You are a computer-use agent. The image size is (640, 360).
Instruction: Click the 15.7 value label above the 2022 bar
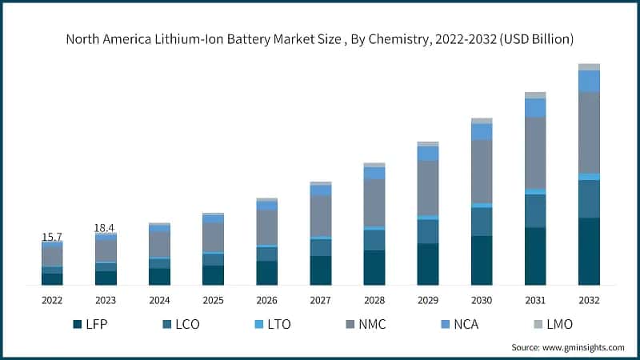[52, 238]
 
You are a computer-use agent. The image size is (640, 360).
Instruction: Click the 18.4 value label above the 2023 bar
[106, 229]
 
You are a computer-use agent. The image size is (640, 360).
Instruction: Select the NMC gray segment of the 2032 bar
[589, 132]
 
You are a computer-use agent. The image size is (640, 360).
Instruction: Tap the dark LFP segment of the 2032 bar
[589, 251]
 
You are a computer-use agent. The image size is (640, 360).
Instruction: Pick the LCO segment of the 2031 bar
[535, 211]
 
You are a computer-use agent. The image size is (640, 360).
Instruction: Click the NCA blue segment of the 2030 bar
[482, 131]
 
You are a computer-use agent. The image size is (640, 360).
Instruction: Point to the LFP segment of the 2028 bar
[374, 267]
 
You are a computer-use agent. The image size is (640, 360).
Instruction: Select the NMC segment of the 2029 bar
[428, 188]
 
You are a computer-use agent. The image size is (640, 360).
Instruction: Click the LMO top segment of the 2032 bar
[589, 67]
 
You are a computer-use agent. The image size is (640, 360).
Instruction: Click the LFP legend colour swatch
[78, 324]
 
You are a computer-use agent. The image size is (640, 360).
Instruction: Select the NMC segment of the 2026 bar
[266, 227]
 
